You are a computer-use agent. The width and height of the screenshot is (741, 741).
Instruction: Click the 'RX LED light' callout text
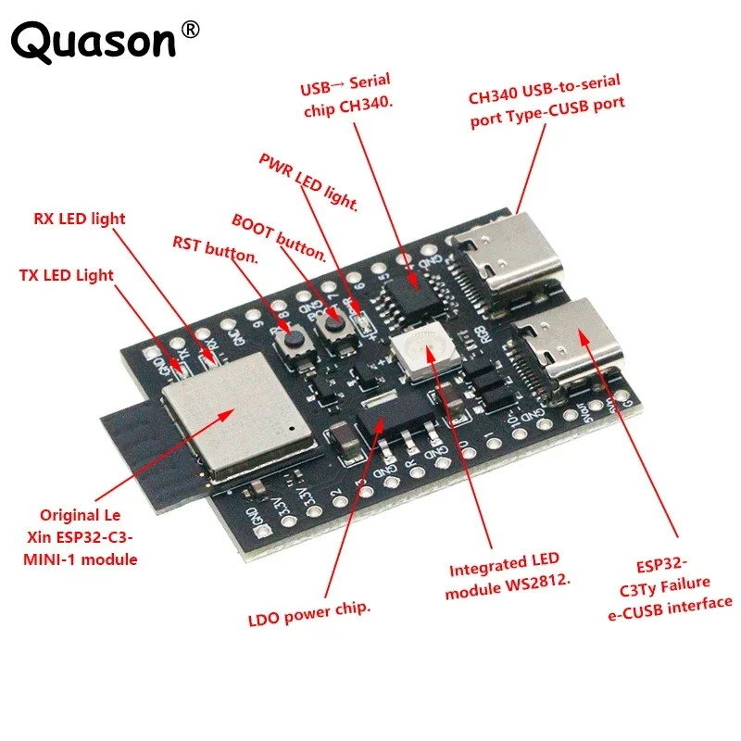[x=80, y=220]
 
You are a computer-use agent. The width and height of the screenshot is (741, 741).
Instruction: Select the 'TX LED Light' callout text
[x=67, y=275]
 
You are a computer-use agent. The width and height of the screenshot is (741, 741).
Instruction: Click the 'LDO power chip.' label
[x=309, y=609]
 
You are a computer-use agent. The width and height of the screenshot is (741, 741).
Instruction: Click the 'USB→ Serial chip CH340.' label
[x=347, y=97]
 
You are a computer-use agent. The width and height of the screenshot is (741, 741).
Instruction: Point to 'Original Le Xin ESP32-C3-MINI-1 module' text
[x=89, y=537]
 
